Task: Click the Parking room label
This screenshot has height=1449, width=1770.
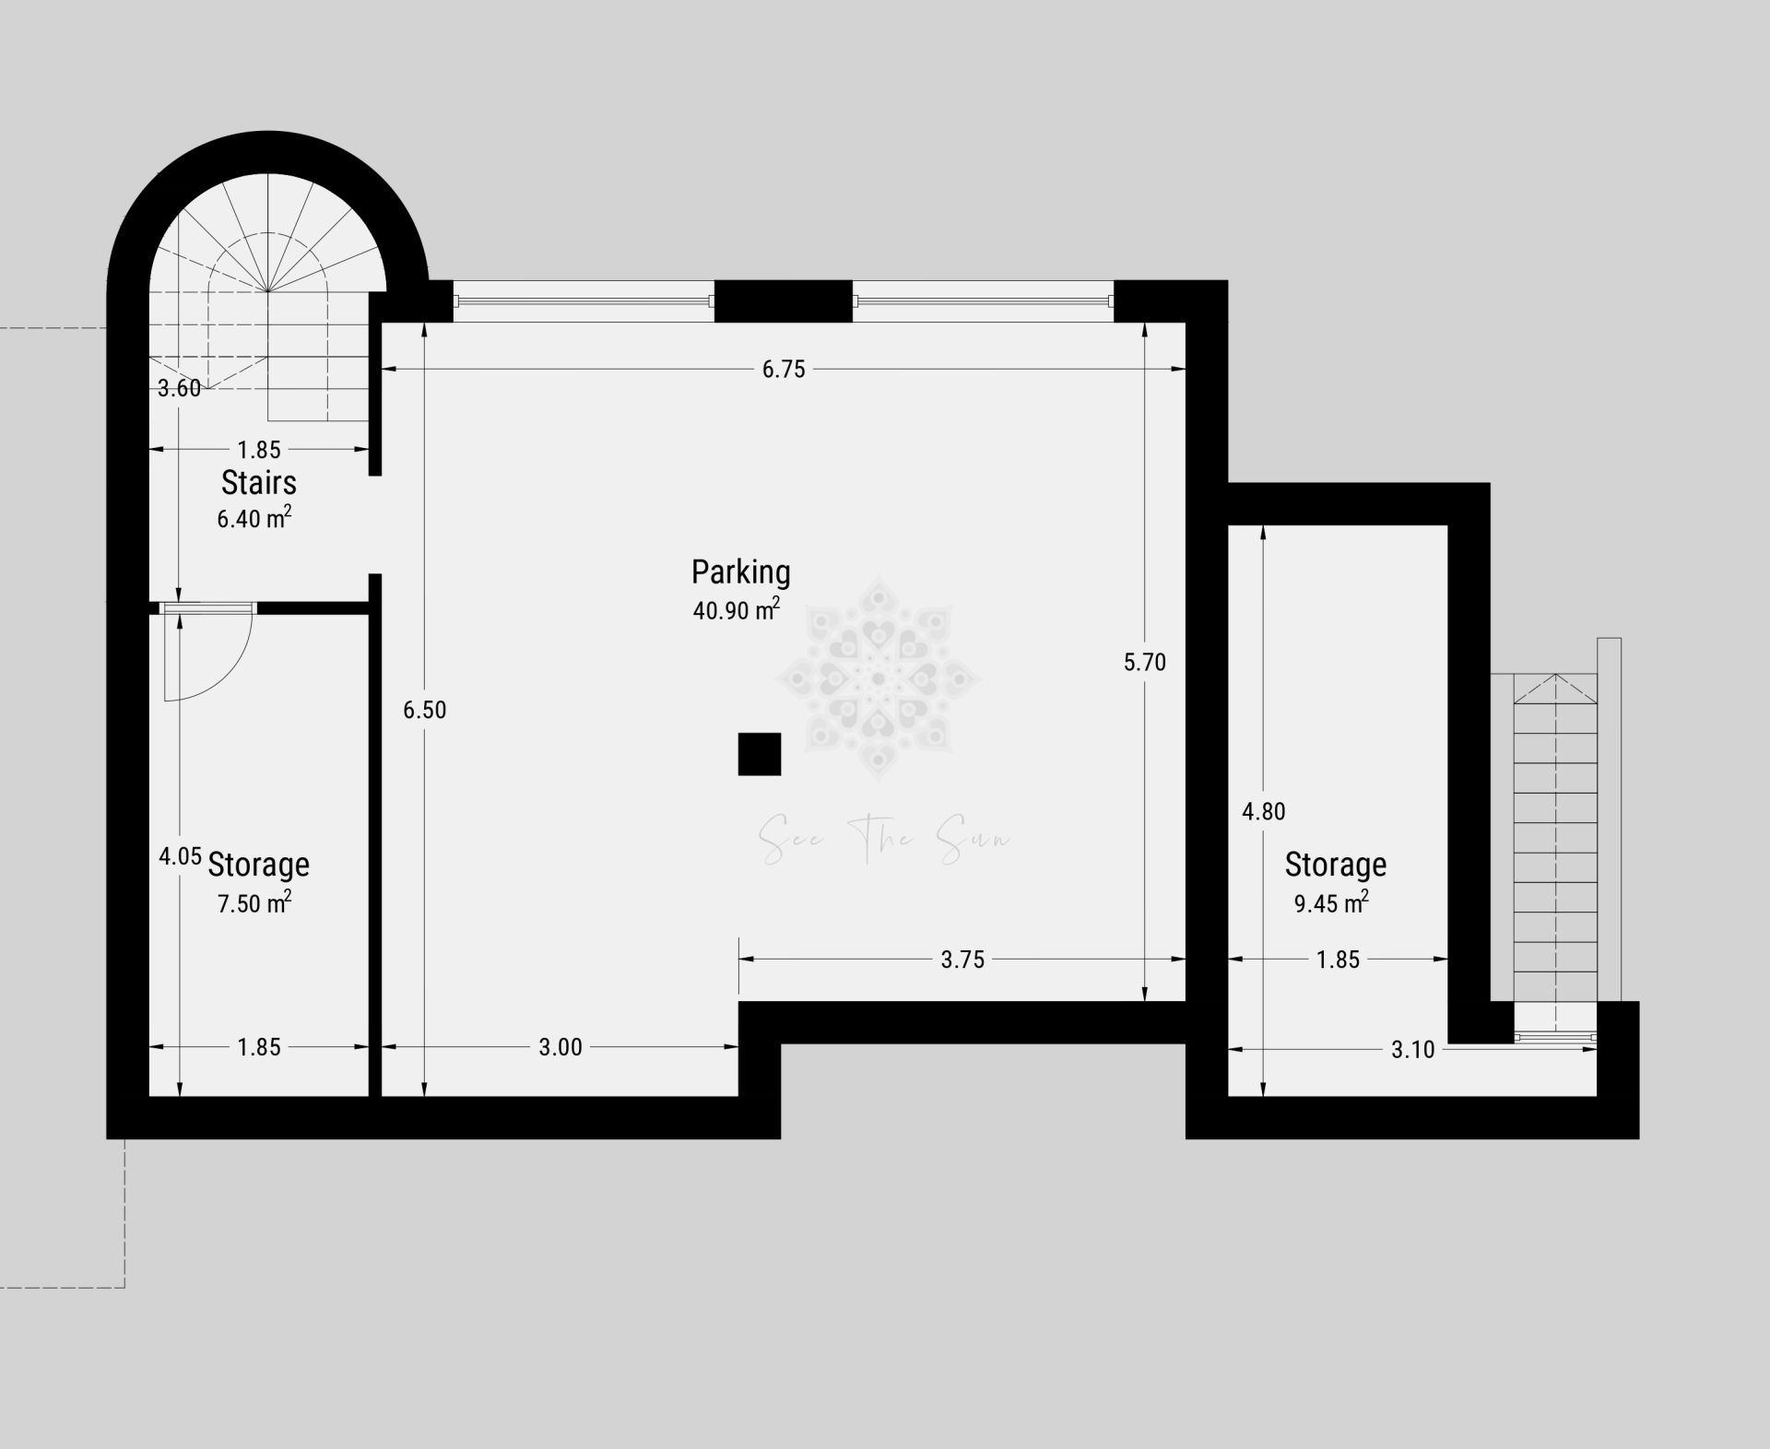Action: point(741,572)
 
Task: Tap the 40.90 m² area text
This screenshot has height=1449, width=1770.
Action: point(737,609)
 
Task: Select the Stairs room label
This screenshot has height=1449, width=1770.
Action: point(259,482)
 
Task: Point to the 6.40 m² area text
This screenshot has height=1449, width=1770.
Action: point(254,518)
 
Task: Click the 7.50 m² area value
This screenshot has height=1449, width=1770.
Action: point(254,902)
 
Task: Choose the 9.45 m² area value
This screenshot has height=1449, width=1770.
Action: point(1331,902)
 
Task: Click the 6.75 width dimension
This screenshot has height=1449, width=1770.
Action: point(784,370)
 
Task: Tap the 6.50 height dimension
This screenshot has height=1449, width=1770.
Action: point(425,710)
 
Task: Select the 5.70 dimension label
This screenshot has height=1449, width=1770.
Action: point(1145,662)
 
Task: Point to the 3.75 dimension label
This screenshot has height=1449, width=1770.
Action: point(962,960)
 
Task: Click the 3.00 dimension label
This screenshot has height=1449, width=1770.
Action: point(560,1047)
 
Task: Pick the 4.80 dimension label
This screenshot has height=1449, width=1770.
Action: point(1263,811)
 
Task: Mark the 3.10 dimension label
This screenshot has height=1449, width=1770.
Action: point(1413,1049)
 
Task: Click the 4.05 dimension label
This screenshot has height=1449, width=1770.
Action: point(180,856)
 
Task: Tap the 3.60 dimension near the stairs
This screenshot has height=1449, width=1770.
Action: point(179,388)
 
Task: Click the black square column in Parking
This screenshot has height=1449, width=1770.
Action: point(760,754)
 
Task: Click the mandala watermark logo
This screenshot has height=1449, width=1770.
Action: point(878,679)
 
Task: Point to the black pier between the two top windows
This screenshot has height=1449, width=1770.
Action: point(784,301)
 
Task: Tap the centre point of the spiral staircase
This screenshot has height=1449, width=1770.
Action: point(267,291)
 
